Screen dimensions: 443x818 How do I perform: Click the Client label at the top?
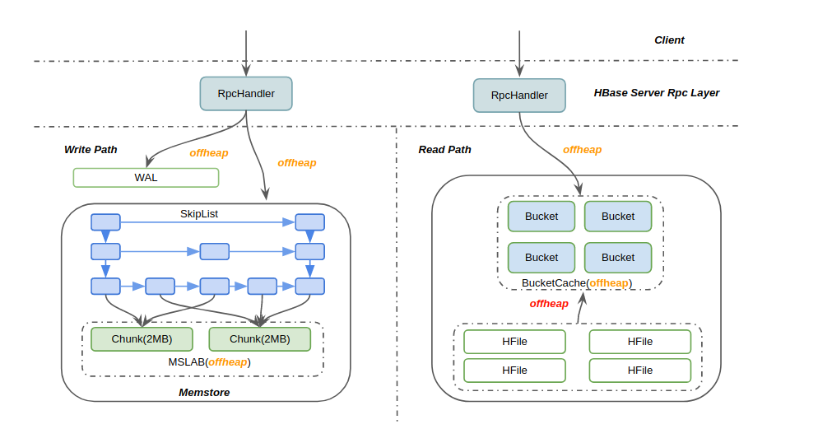pos(669,40)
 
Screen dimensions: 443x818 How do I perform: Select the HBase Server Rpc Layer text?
pos(656,93)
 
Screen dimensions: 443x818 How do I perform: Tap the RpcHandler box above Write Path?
pos(246,94)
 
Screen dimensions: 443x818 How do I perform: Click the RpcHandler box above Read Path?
pos(519,96)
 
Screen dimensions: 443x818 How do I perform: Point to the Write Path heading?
pos(91,150)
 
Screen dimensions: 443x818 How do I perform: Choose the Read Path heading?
pos(445,150)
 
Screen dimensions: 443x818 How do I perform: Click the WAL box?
pos(146,178)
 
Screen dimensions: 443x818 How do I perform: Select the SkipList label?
pos(199,214)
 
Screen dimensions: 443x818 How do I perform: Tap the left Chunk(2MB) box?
pos(142,339)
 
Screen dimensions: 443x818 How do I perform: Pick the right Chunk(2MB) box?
pos(260,339)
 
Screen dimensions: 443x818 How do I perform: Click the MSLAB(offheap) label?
pos(210,362)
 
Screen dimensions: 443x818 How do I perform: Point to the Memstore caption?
pos(204,393)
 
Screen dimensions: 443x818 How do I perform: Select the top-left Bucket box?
pos(541,217)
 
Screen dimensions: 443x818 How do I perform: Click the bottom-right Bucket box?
pos(618,258)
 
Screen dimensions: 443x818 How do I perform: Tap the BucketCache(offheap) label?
pos(576,283)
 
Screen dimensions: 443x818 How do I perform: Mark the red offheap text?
pos(549,304)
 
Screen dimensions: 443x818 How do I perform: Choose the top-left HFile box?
pos(514,342)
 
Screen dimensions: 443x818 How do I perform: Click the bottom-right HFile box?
pos(639,371)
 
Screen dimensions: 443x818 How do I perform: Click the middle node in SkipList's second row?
pos(215,251)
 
